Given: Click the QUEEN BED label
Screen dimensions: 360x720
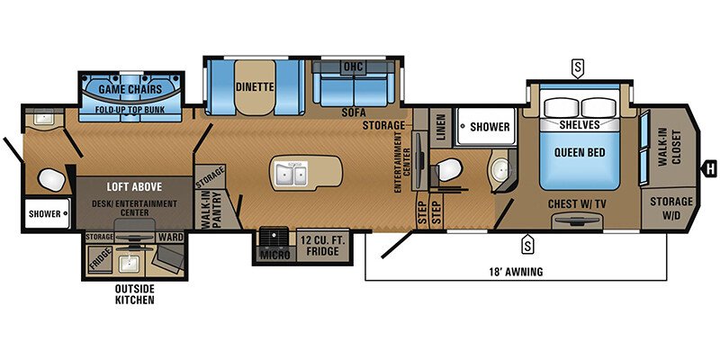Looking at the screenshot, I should click(x=580, y=152).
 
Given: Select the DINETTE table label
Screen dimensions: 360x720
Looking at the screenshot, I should click(x=254, y=88).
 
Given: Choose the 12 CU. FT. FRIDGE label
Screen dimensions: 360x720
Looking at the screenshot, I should click(x=320, y=246).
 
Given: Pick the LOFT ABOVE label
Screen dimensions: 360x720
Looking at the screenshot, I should click(x=133, y=187).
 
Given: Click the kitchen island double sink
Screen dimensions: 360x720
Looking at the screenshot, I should click(x=293, y=173).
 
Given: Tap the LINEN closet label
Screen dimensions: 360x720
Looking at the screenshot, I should click(x=440, y=130).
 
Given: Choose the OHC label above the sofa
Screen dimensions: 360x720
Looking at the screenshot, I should click(x=353, y=67).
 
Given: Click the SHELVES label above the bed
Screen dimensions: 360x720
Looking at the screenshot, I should click(x=580, y=124).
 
